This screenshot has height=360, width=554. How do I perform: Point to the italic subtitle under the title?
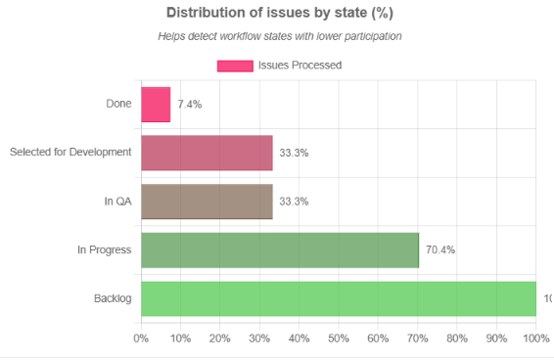coord(280,36)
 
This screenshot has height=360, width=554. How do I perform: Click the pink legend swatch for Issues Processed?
coord(234,66)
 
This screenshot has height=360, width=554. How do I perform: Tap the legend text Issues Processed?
coord(300,66)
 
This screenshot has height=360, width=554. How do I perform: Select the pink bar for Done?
coord(156,105)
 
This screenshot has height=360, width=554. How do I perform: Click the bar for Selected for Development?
coord(207,153)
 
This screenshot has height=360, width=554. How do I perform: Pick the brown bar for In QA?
coord(207,202)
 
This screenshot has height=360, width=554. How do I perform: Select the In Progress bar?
coord(280,249)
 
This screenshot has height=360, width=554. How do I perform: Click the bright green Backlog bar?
coord(339,298)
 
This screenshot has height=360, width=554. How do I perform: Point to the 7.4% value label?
coord(190,105)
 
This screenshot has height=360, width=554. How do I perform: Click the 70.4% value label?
coord(439,250)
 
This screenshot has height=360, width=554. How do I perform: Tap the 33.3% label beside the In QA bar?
coord(294,202)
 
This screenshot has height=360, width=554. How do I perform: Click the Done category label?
coord(118,104)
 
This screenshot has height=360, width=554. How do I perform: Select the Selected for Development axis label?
coord(70,153)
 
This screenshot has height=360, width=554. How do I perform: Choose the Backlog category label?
coord(113,298)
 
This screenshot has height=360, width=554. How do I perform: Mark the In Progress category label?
coord(105,250)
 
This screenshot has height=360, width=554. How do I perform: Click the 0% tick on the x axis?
coord(141,338)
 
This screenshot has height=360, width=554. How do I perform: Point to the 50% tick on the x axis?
coord(339,338)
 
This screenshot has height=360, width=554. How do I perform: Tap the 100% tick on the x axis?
coord(535,338)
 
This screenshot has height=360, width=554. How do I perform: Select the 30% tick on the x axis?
coord(259,338)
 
